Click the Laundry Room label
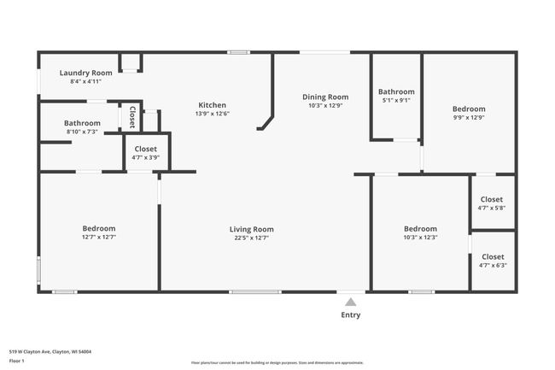[85, 73]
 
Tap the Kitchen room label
[213, 105]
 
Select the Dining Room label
[325, 97]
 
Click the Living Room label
[251, 229]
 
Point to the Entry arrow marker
[350, 302]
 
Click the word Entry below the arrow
[350, 314]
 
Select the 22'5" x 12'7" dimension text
[251, 238]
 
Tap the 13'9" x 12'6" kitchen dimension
[213, 114]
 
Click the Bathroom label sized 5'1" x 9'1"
[396, 91]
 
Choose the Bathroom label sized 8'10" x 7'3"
[82, 123]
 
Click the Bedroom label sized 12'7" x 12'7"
[99, 228]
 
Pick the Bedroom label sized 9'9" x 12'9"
[469, 109]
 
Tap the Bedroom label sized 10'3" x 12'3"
[420, 229]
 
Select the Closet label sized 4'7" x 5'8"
[493, 200]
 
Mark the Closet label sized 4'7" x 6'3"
[493, 257]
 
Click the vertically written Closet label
[132, 117]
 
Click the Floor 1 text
[17, 361]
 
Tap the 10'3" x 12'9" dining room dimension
[325, 106]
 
